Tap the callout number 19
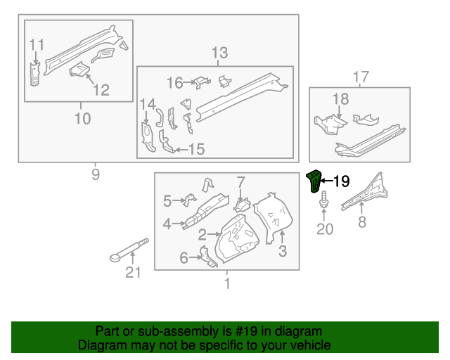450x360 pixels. click(x=340, y=182)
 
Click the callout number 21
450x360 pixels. click(x=133, y=273)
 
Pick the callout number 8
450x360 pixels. click(x=362, y=223)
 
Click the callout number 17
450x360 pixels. click(x=360, y=77)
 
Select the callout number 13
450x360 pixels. click(x=219, y=53)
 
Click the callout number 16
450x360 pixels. click(x=174, y=83)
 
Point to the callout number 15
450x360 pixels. click(x=196, y=149)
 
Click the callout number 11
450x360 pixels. click(x=37, y=45)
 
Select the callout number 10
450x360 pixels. click(x=82, y=119)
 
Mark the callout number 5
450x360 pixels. click(x=167, y=202)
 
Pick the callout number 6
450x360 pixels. click(x=184, y=258)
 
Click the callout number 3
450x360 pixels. click(x=283, y=251)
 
